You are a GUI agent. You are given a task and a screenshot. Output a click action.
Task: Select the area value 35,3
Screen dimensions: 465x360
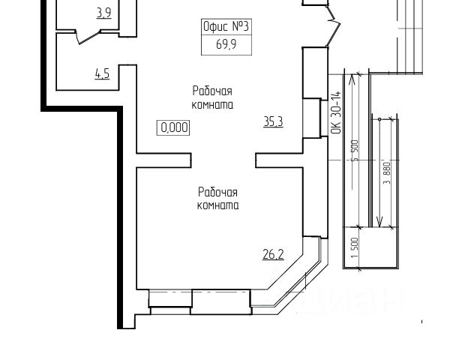[x=273, y=121]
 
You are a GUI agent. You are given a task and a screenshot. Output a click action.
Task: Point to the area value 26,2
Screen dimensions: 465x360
[x=272, y=254]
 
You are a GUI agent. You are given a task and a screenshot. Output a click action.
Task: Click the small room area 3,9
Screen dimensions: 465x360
[x=103, y=12]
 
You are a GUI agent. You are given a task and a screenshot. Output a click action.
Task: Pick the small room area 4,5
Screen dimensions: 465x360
[x=102, y=73]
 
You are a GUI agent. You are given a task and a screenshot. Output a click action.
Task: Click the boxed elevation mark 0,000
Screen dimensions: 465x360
[x=173, y=127]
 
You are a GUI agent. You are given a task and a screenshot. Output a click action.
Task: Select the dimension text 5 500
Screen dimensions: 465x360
[x=354, y=154]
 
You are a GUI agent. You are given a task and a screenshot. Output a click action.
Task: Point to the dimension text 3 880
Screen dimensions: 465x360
[x=387, y=178]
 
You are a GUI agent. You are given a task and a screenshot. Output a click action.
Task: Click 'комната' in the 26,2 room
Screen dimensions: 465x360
[x=217, y=205]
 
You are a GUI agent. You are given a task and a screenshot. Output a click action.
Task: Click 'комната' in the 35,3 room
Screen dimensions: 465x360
[x=211, y=105]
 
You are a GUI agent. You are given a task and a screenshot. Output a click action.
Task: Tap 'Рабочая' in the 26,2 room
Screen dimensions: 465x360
[x=217, y=191]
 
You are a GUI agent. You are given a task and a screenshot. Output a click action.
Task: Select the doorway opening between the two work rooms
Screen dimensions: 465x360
[x=224, y=160]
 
